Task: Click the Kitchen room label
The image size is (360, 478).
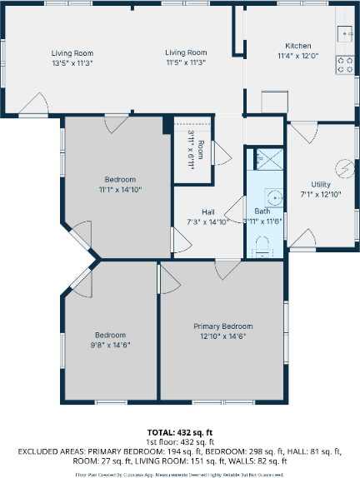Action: point(298,46)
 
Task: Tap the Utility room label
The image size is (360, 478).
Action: point(321,184)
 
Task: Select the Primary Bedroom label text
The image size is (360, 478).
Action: point(222,326)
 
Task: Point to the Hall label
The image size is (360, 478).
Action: point(208,212)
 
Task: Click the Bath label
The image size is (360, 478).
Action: point(262,212)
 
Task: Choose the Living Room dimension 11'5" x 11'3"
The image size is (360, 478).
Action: point(185,62)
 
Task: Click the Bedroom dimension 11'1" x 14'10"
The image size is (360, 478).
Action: point(120,189)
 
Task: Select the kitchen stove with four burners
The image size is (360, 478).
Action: point(344,62)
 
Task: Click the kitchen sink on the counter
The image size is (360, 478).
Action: point(344,33)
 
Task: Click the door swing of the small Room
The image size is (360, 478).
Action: point(221,152)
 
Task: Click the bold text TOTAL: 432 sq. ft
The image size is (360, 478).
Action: point(180,432)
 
